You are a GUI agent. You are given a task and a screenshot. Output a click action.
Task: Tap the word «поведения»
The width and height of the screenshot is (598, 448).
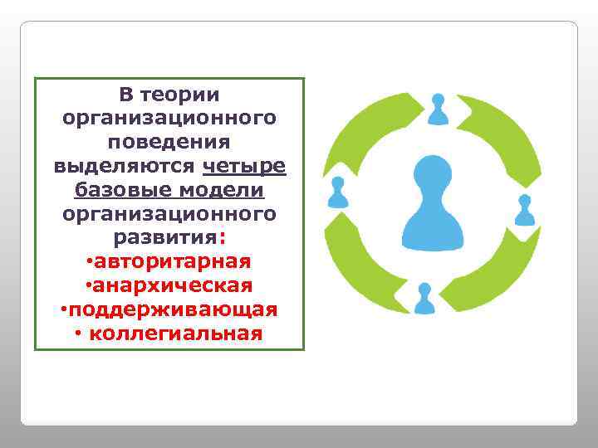pos(169,143)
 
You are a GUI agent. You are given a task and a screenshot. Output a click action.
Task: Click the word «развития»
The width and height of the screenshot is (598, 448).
pos(166,238)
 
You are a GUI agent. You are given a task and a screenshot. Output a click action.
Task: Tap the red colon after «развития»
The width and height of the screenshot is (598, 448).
pos(222,238)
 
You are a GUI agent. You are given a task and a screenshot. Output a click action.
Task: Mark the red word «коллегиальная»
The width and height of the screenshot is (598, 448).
pos(175,334)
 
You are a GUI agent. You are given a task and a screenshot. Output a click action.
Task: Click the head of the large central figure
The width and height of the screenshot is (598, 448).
pos(431,173)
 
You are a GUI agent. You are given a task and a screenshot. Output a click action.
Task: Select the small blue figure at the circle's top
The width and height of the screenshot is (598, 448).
pos(439,109)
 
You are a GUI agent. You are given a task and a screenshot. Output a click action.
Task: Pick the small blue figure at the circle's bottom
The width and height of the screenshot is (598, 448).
pos(424,299)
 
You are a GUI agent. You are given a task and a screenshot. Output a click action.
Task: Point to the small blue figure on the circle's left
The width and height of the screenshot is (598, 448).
pos(337,192)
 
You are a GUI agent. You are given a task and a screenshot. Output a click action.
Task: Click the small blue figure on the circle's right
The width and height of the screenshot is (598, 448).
pos(525,211)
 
